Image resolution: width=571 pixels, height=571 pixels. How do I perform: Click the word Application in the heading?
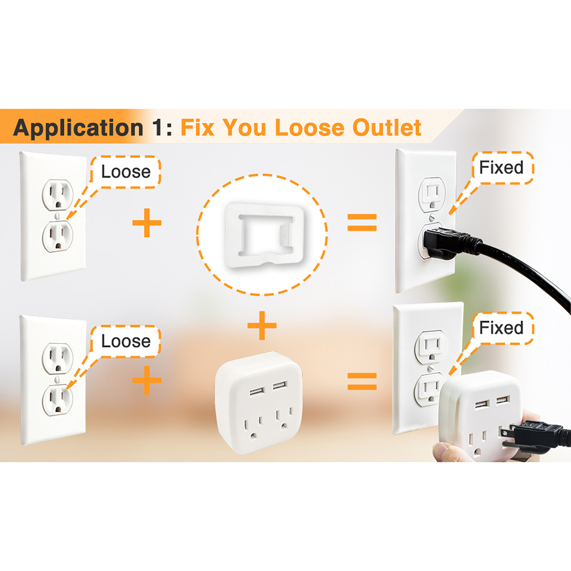tap(78, 128)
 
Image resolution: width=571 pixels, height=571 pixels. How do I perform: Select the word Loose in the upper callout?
tap(126, 172)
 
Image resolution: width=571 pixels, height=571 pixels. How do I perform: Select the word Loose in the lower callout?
tap(126, 341)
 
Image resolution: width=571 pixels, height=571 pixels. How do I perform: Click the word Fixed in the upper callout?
tap(501, 167)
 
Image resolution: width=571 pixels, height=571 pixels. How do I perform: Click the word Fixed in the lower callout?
tap(501, 328)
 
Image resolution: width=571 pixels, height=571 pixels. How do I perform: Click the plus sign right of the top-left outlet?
tap(147, 223)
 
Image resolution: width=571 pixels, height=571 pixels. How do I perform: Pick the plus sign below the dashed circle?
tap(262, 325)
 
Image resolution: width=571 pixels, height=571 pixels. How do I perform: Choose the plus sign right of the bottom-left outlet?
tap(147, 380)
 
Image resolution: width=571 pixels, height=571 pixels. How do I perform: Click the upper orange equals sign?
tap(362, 222)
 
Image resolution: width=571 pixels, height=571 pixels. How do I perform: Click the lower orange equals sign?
tap(362, 381)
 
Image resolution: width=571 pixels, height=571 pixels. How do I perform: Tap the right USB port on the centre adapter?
tap(280, 385)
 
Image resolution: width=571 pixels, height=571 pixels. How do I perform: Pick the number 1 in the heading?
tap(157, 127)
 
